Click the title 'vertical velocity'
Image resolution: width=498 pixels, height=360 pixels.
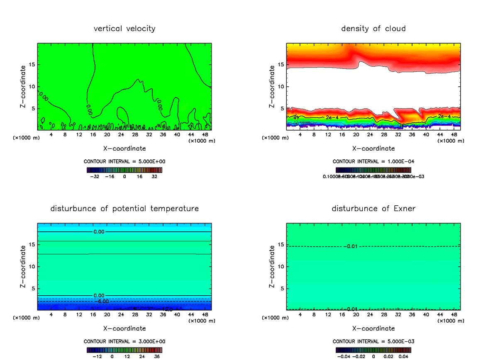pyautogui.click(x=124, y=29)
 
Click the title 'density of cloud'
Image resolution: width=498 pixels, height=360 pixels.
pyautogui.click(x=373, y=29)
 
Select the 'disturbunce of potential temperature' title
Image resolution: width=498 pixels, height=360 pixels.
pyautogui.click(x=124, y=208)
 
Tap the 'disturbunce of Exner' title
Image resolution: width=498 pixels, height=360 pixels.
pyautogui.click(x=373, y=208)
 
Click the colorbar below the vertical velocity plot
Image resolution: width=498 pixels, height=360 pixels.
pyautogui.click(x=124, y=170)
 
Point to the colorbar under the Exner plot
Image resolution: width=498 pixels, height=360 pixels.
pyautogui.click(x=373, y=350)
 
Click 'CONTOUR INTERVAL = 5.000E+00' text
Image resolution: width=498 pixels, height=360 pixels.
pyautogui.click(x=124, y=161)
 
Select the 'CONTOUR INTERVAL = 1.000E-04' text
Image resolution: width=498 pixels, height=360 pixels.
pyautogui.click(x=373, y=161)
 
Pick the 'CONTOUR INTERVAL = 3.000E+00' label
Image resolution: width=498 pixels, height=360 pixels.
pyautogui.click(x=124, y=341)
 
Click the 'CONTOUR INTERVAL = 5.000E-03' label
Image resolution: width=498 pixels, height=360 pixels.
pyautogui.click(x=373, y=341)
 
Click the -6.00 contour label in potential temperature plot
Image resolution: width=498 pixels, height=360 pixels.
pyautogui.click(x=102, y=301)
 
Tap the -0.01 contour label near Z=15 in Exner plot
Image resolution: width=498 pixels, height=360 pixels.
pyautogui.click(x=351, y=247)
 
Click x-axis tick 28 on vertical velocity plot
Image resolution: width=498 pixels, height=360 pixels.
pyautogui.click(x=135, y=134)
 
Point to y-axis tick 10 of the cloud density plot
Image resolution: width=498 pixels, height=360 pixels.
pyautogui.click(x=281, y=86)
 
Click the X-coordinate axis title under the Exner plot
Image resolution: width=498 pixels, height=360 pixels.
pyautogui.click(x=373, y=328)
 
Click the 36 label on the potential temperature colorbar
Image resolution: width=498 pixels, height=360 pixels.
pyautogui.click(x=156, y=356)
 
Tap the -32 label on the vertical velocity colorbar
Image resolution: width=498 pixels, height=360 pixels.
pyautogui.click(x=95, y=176)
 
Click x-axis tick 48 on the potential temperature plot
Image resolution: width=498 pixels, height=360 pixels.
pyautogui.click(x=205, y=314)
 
